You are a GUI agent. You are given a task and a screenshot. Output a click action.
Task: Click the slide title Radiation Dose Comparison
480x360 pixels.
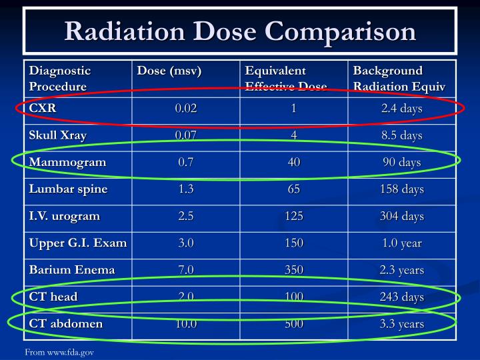tap(240, 31)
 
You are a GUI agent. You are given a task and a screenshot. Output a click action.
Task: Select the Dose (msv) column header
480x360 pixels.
tap(169, 71)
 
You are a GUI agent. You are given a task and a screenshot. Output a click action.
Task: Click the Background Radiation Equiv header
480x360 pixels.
tap(399, 78)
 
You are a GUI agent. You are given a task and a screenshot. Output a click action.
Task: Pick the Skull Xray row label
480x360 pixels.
tap(58, 135)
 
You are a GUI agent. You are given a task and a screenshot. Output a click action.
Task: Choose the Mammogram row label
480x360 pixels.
tap(67, 162)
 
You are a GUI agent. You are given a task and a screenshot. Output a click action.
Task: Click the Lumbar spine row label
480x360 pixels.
tap(68, 189)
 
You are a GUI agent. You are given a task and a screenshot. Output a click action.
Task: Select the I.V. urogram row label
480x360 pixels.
tap(65, 216)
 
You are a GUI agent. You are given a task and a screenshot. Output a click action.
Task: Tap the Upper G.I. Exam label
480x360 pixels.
tap(78, 243)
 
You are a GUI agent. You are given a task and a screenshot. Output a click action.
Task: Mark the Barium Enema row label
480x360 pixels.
tap(72, 270)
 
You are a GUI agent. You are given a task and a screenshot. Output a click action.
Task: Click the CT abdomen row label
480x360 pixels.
tap(66, 323)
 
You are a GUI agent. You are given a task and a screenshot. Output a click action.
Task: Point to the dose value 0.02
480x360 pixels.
tap(186, 109)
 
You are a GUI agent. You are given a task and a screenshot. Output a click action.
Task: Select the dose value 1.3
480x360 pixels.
tap(186, 189)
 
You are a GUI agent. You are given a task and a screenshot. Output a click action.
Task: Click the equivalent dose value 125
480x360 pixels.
tap(293, 216)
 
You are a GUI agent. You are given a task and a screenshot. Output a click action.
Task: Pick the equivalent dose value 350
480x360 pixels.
tap(293, 270)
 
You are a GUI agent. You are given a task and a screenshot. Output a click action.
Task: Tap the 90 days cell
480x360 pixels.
tap(402, 162)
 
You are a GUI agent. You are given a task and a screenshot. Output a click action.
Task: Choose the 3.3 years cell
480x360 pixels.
tap(402, 323)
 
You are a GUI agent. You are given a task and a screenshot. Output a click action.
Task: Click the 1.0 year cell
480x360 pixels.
tap(402, 243)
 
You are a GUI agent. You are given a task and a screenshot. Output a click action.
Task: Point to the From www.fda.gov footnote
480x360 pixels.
tap(59, 351)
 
